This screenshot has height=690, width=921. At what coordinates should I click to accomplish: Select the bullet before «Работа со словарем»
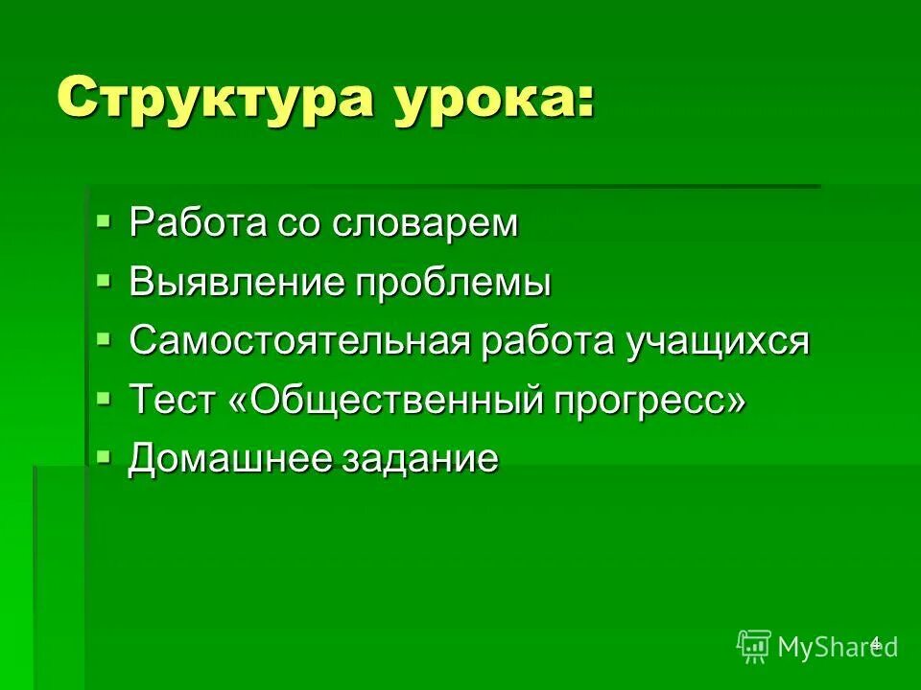[104, 223]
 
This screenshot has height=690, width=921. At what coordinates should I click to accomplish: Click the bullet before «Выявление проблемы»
[104, 282]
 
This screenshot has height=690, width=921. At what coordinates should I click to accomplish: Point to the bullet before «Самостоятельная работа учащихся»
[104, 340]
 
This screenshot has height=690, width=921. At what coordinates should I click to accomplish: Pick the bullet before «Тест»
[104, 399]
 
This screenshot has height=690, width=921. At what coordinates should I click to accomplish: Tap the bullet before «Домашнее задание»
[104, 457]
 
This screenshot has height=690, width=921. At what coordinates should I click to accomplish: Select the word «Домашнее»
[228, 459]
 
